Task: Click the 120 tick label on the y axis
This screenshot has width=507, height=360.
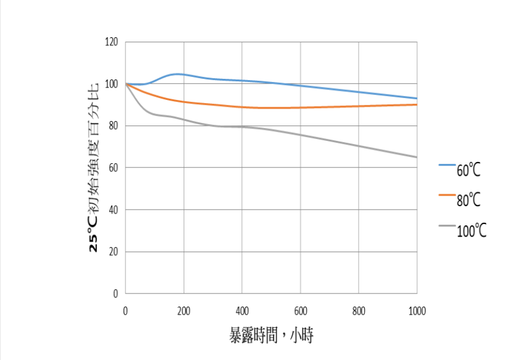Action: click(112, 42)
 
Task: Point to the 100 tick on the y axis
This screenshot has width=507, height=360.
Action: click(112, 84)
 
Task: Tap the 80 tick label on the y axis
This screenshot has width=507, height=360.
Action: click(114, 126)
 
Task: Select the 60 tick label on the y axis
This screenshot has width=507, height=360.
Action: click(114, 168)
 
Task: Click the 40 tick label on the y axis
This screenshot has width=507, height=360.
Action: click(114, 210)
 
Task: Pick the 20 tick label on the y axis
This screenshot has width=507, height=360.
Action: click(114, 252)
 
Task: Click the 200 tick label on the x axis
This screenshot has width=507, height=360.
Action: click(184, 310)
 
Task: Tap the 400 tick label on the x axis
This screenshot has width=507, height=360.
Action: click(242, 310)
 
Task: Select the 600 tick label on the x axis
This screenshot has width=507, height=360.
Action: click(300, 310)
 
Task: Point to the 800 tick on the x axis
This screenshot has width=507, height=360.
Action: click(359, 310)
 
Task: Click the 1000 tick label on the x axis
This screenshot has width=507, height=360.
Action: click(417, 310)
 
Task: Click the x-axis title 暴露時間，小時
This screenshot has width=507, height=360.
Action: click(271, 336)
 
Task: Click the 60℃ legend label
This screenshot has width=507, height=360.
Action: click(469, 169)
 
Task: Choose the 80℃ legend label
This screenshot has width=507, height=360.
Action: click(469, 199)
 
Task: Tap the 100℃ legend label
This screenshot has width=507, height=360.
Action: click(472, 230)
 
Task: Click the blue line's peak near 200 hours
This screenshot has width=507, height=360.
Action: click(177, 74)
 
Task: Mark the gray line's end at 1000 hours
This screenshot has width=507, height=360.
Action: click(416, 157)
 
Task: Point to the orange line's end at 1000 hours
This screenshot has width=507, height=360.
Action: click(416, 104)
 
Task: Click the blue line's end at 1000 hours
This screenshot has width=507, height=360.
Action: click(416, 98)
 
